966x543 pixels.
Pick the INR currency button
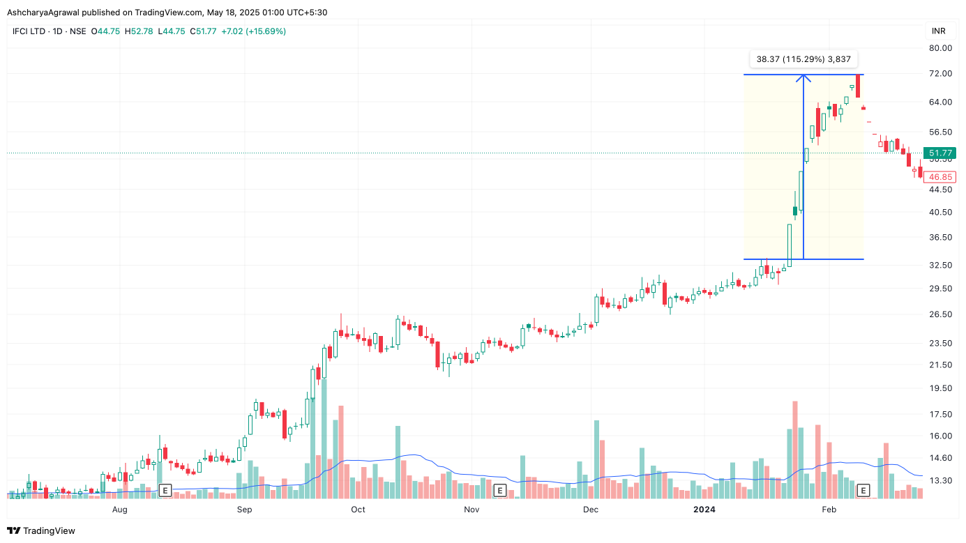[x=939, y=31]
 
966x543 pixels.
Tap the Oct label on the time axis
[x=358, y=510]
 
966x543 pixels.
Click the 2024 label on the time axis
[x=704, y=510]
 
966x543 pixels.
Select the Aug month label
[x=120, y=510]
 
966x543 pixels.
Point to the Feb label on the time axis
[x=829, y=510]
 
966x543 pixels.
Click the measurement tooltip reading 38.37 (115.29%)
[x=803, y=59]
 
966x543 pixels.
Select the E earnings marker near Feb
[x=863, y=491]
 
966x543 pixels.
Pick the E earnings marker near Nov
[x=499, y=491]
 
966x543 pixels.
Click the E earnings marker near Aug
[x=165, y=491]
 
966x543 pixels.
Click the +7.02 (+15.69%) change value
[x=253, y=31]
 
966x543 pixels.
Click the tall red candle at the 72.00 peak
[x=859, y=86]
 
